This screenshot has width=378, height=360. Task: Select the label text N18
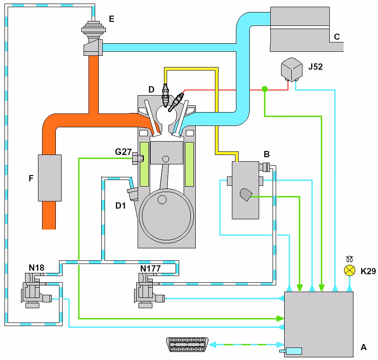click(x=37, y=268)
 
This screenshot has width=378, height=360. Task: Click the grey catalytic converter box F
click(x=50, y=178)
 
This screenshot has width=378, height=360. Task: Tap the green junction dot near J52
click(x=265, y=89)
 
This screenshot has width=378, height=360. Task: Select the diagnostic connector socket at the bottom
click(x=187, y=344)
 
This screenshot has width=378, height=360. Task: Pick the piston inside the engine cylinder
click(x=167, y=151)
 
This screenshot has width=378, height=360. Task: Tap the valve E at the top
click(x=93, y=38)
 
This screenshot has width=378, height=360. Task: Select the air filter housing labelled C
click(x=299, y=29)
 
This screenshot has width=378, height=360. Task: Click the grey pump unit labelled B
click(x=245, y=190)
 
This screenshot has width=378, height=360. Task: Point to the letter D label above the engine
click(x=151, y=90)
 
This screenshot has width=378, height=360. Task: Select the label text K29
click(x=369, y=271)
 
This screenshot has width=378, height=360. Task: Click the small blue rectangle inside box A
click(x=294, y=351)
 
